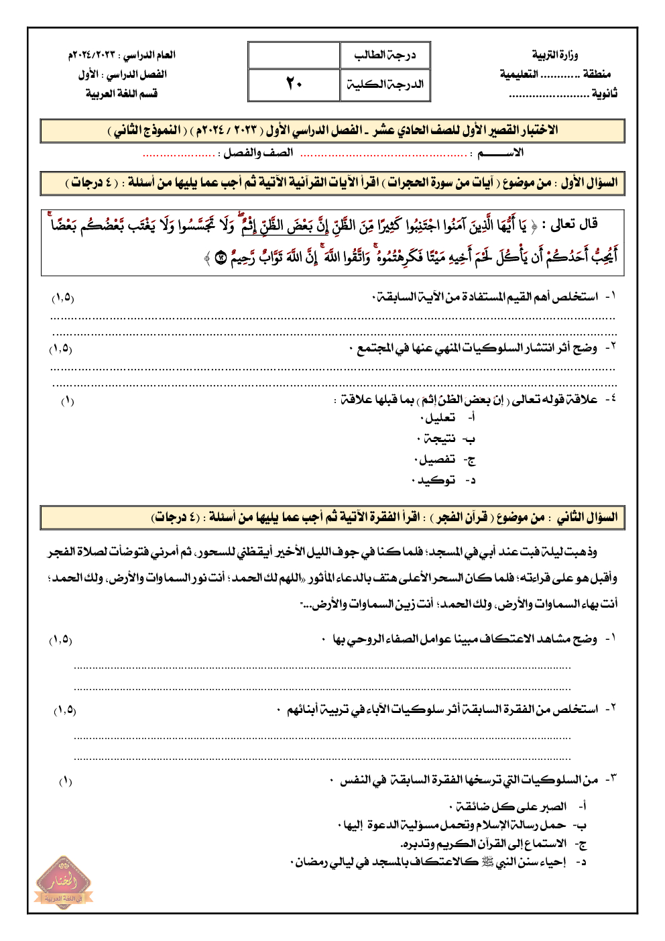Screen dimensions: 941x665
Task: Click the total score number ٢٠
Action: [294, 84]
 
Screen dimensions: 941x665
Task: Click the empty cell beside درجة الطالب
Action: [294, 55]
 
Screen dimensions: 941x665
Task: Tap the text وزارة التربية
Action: [554, 54]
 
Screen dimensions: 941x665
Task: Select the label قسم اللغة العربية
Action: [121, 93]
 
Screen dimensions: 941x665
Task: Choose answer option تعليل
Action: [440, 418]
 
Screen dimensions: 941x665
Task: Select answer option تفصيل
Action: [436, 459]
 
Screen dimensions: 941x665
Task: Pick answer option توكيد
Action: [435, 480]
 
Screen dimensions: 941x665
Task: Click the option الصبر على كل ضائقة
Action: [509, 806]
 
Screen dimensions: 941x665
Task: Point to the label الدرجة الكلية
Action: [385, 85]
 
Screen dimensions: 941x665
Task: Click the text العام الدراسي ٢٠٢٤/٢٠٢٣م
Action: [121, 54]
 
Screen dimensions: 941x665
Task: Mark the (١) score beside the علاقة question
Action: [67, 401]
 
